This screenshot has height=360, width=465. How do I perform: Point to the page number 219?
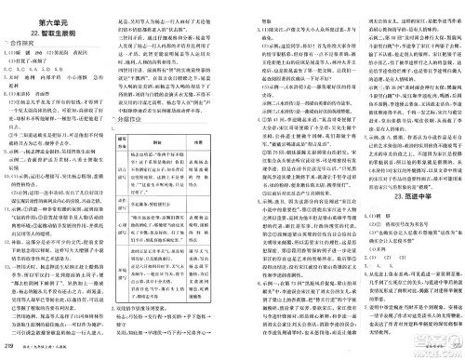10,346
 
